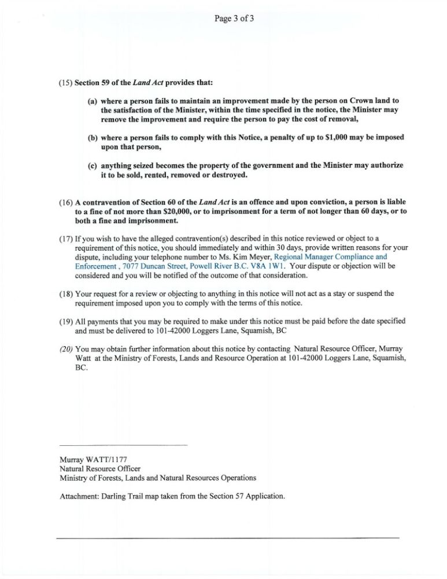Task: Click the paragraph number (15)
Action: (66, 83)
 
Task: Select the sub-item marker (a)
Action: (92, 101)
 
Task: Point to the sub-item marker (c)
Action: (92, 166)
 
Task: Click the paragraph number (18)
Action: (66, 294)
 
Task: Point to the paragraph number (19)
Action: (66, 321)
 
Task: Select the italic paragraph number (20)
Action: (67, 349)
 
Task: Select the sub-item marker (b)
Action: (92, 138)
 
